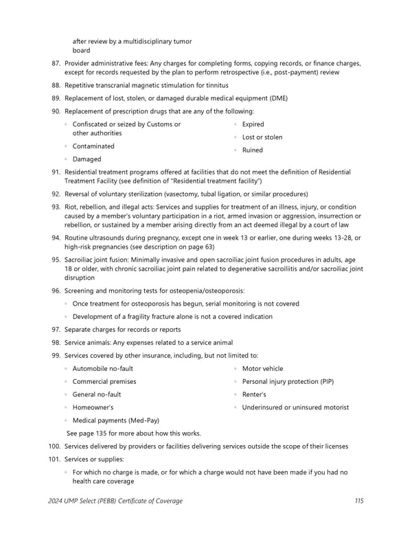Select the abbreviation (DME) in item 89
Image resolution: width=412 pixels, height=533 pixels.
(x=275, y=98)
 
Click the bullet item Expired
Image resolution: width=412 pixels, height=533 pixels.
(x=253, y=124)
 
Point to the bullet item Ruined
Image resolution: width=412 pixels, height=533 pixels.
(x=252, y=150)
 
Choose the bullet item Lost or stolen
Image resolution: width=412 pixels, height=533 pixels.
(x=262, y=137)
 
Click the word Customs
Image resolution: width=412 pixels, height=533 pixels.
(x=159, y=124)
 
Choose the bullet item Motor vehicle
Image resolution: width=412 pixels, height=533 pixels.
(x=262, y=369)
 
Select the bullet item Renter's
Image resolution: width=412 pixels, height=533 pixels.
(x=255, y=395)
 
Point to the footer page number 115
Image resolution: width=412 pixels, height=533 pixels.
(x=359, y=501)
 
